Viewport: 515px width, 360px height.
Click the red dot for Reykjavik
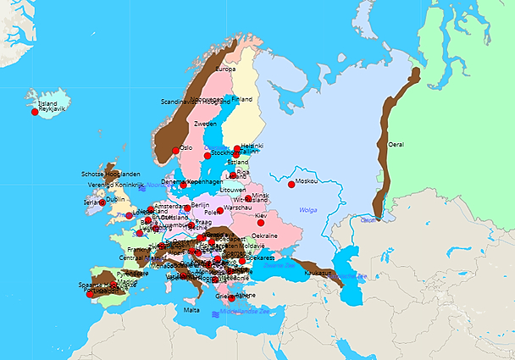pos(35,112)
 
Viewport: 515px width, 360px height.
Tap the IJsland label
pos(47,103)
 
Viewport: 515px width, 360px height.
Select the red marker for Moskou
pos(291,184)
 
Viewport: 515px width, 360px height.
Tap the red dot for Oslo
pos(175,151)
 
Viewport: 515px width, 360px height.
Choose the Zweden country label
pos(205,124)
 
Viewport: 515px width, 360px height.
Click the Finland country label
pos(241,99)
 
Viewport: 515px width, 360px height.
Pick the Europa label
pos(225,69)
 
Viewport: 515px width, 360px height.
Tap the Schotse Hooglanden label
pos(110,174)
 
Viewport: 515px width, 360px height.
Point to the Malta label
pos(191,311)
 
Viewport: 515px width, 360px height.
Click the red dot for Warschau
pos(220,211)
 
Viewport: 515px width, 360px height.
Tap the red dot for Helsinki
pos(238,148)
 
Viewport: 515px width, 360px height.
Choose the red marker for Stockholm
pos(207,155)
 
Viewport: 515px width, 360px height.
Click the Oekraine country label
pos(265,235)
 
